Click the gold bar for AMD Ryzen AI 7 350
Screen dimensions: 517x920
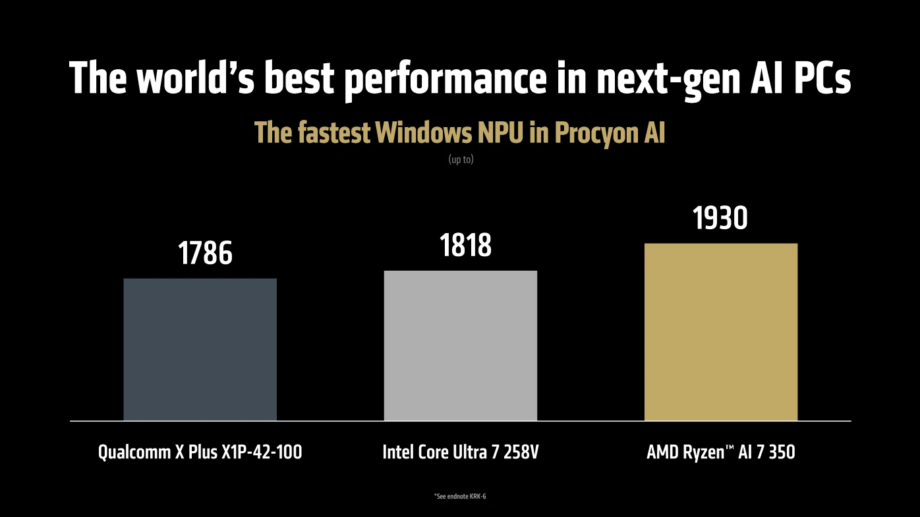720,332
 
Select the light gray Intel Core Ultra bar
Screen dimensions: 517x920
460,345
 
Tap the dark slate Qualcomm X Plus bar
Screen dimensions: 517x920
200,349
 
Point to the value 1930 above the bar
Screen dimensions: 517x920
720,219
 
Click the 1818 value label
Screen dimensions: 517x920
465,246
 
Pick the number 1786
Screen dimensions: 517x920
205,254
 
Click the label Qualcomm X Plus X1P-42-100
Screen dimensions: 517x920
200,452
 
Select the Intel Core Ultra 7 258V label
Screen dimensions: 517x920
460,452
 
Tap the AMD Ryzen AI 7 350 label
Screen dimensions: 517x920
720,452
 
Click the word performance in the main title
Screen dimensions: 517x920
445,79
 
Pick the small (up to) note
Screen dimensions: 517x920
461,159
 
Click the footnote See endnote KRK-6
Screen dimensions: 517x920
460,496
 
